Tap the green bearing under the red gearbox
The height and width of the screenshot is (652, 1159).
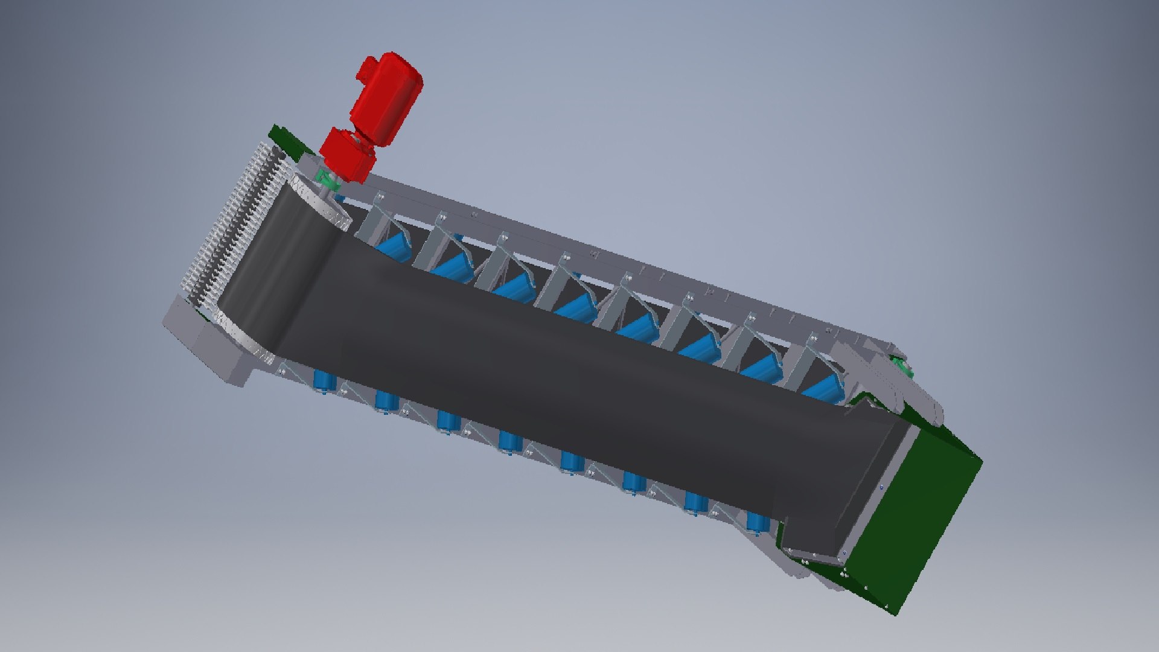[x=326, y=180]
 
